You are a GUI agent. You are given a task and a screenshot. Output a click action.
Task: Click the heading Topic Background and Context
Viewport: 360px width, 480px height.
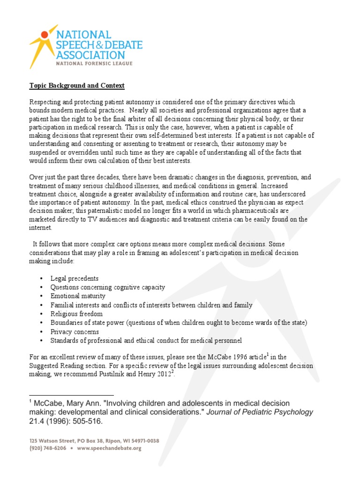point(77,86)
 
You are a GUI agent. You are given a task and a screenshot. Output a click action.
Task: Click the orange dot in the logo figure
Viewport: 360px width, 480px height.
point(45,34)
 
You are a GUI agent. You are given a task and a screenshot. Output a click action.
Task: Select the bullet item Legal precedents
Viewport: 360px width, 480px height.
point(74,278)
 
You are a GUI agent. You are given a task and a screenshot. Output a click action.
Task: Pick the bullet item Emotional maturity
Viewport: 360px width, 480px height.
point(78,296)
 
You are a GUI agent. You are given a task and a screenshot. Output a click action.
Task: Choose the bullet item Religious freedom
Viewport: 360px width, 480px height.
point(76,314)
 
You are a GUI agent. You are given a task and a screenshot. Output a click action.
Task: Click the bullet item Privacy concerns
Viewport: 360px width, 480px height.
point(75,332)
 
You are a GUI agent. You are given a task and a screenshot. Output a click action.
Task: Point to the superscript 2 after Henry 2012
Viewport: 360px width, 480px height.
point(172,373)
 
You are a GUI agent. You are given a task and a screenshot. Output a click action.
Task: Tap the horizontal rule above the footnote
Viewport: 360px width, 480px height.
point(71,396)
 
